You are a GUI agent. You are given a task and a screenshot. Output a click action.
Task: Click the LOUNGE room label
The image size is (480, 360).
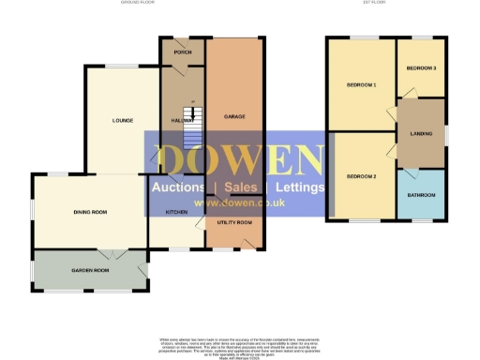(x=122, y=120)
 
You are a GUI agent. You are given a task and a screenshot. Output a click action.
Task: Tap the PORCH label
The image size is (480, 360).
(x=182, y=52)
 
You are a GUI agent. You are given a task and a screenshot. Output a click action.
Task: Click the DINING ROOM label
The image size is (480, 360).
(x=90, y=213)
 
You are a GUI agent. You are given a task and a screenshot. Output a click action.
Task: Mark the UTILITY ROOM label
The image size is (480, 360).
(x=234, y=222)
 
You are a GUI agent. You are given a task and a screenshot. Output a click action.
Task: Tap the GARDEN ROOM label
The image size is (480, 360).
(x=91, y=270)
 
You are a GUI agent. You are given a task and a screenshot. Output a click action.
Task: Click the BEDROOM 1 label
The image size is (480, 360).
(x=361, y=86)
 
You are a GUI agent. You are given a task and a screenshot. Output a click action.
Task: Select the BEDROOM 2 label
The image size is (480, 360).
(x=361, y=176)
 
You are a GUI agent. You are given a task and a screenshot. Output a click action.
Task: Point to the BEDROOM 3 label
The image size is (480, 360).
(x=421, y=67)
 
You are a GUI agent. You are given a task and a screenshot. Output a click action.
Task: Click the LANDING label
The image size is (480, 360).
(x=421, y=134)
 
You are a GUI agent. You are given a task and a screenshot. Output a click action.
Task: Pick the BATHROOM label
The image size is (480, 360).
(x=421, y=195)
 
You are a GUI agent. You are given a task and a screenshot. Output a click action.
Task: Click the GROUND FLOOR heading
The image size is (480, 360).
(x=136, y=4)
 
